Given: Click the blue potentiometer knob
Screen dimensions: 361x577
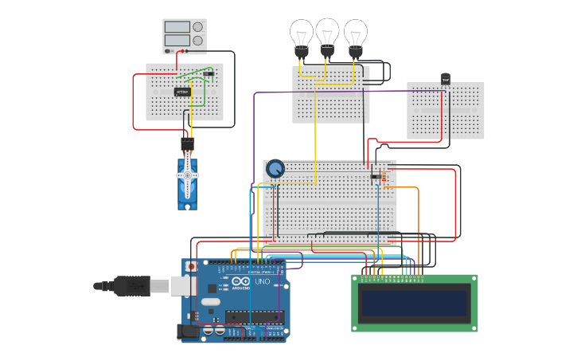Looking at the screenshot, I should (275, 169).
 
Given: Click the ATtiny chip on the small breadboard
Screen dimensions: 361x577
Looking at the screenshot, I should (182, 92).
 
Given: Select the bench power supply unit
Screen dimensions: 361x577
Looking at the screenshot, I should (185, 37).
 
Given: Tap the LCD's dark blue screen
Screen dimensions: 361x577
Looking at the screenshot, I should (413, 302).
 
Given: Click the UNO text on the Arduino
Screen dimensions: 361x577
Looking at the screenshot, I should (263, 282).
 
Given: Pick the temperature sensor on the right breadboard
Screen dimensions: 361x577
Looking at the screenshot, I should (446, 79).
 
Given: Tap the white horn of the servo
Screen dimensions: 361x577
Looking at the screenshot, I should (188, 176).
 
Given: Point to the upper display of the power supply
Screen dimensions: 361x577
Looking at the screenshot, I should (177, 27).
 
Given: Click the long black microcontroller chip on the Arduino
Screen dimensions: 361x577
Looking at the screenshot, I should (254, 316).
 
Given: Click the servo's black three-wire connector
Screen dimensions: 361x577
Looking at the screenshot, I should (187, 144).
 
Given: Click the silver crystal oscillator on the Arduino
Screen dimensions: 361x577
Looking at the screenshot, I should (209, 302).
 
